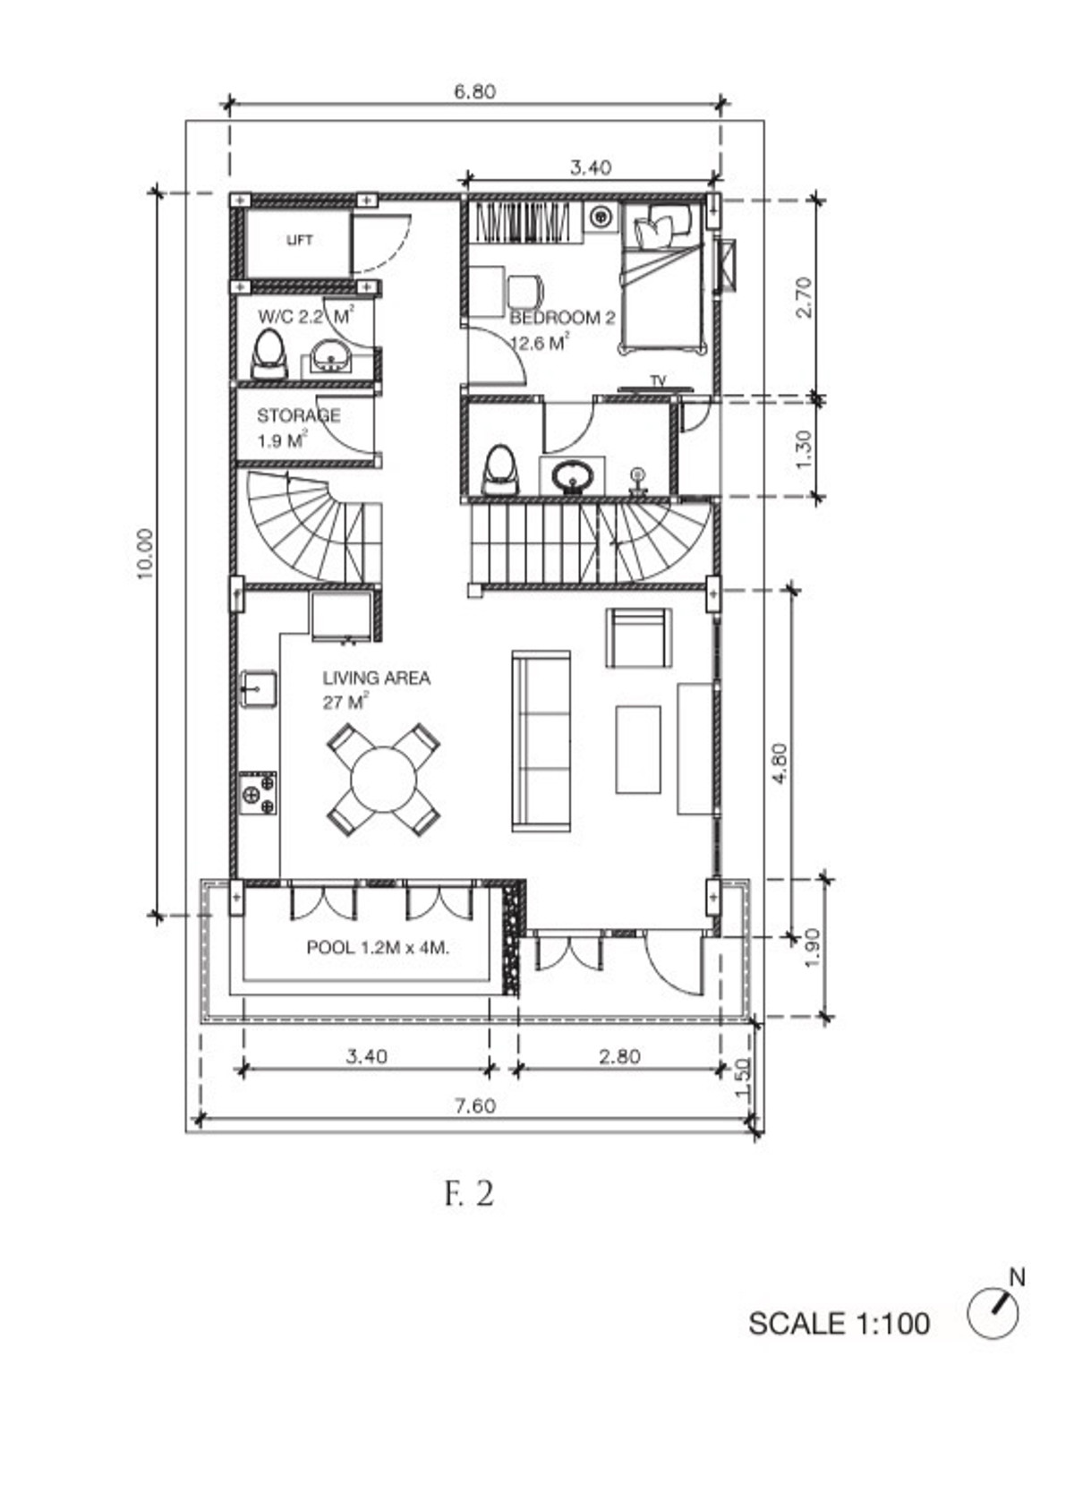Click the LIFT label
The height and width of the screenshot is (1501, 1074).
pyautogui.click(x=299, y=240)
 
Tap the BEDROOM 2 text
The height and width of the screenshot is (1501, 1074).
pyautogui.click(x=562, y=318)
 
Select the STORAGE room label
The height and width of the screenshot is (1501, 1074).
pyautogui.click(x=299, y=415)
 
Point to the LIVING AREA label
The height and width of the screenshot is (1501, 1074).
pyautogui.click(x=377, y=678)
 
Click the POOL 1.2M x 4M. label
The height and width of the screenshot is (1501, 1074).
pyautogui.click(x=378, y=948)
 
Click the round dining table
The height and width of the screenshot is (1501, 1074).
pyautogui.click(x=384, y=780)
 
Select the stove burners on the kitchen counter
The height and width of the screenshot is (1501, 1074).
pyautogui.click(x=259, y=793)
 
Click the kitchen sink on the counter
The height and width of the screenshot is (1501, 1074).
pyautogui.click(x=258, y=689)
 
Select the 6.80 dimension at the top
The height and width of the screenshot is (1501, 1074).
pyautogui.click(x=475, y=91)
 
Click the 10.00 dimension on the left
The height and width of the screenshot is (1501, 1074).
pyautogui.click(x=145, y=554)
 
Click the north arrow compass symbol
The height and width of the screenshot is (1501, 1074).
pyautogui.click(x=993, y=1315)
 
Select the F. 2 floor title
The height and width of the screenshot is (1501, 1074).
pyautogui.click(x=468, y=1193)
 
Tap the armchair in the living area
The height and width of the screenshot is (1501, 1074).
pyautogui.click(x=638, y=638)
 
